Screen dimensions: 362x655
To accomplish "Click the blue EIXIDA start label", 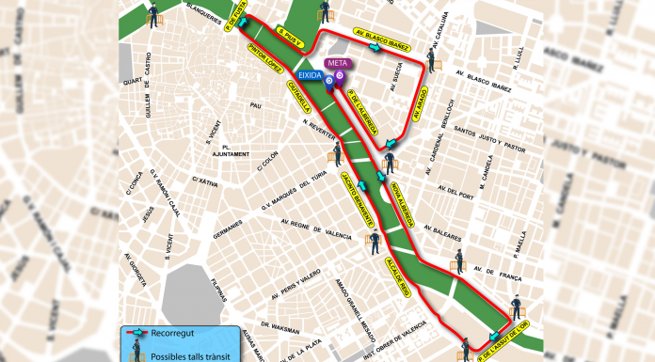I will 310,71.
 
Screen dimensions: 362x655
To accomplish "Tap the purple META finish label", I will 336,63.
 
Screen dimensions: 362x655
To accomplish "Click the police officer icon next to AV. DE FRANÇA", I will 459,260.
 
